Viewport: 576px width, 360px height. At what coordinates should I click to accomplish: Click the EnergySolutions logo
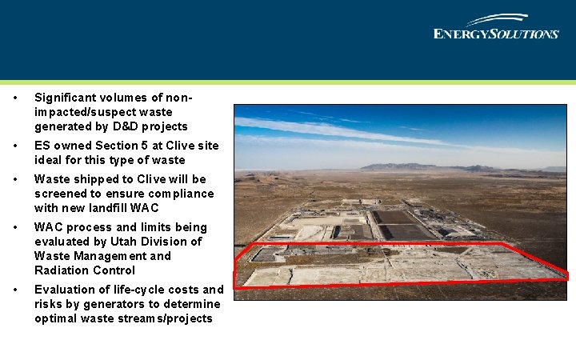coord(495,27)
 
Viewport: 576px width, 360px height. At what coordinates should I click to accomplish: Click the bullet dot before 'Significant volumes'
coord(16,98)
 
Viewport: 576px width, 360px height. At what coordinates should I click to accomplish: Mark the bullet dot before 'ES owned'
coord(16,146)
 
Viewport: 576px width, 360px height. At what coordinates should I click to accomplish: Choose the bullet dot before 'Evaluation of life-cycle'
coord(16,290)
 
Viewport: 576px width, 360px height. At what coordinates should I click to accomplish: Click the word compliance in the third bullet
coord(182,194)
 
